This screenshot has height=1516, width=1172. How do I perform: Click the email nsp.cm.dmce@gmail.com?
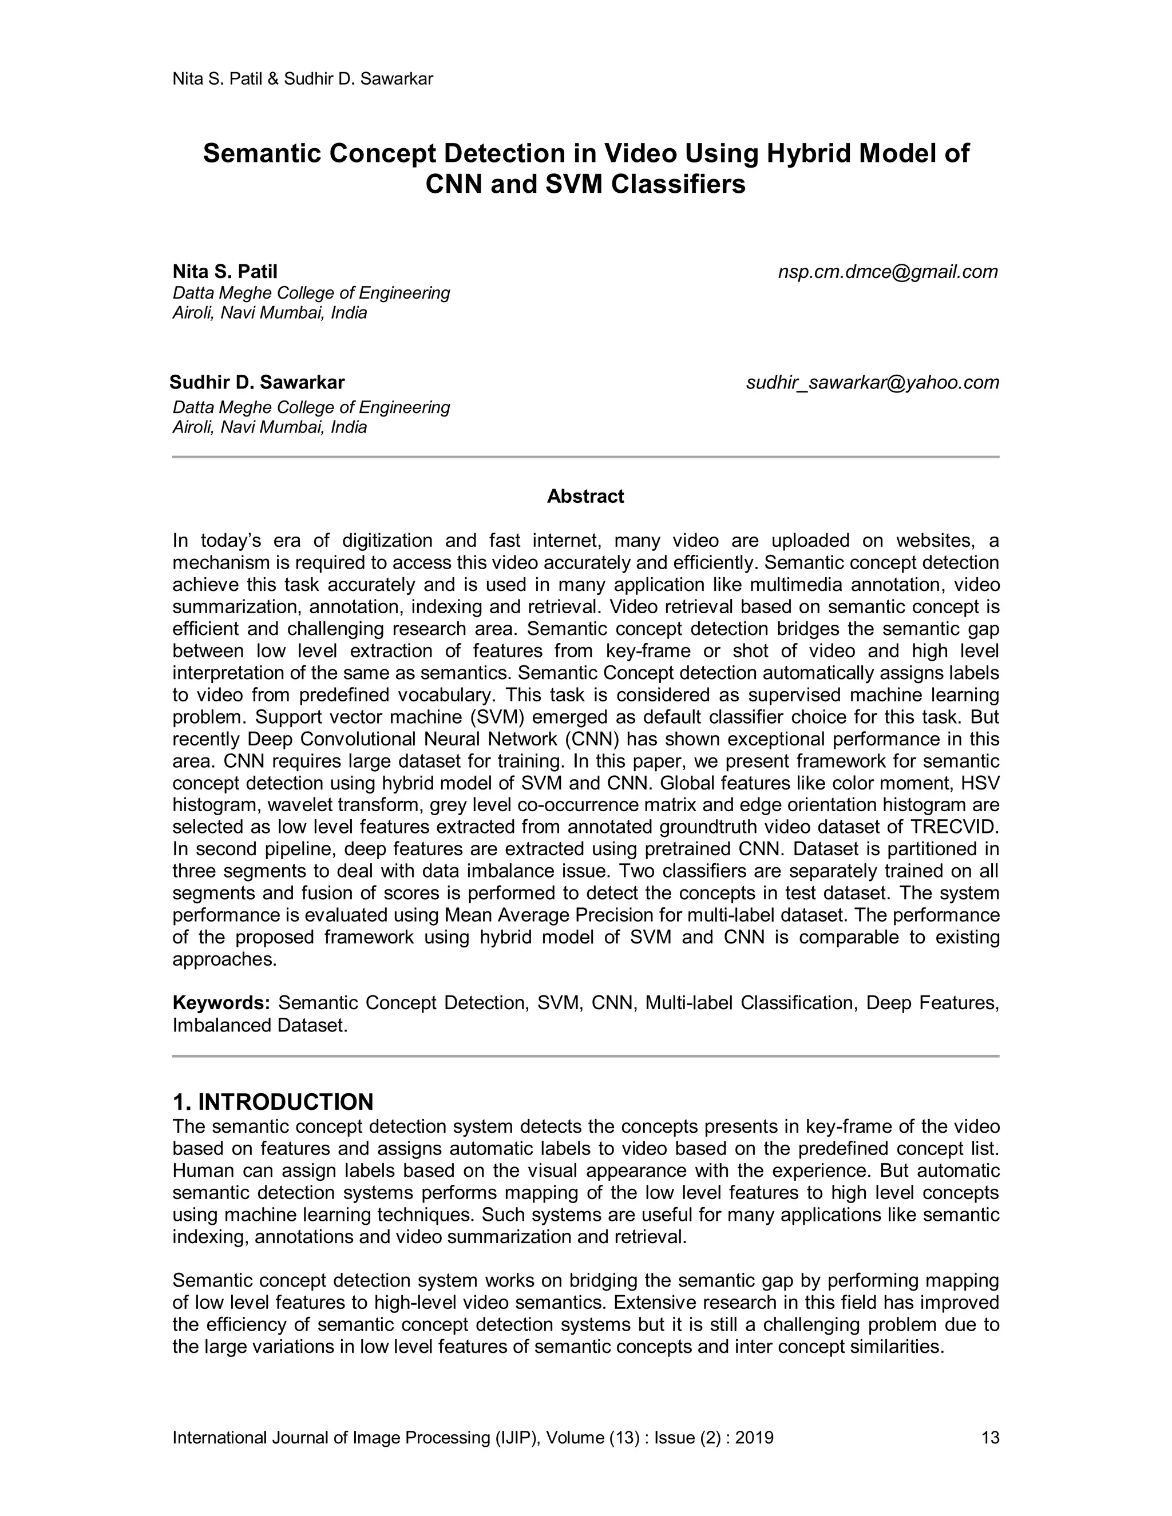[888, 272]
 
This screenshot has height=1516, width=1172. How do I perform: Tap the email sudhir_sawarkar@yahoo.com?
[872, 383]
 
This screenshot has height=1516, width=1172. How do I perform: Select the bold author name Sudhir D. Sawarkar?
[257, 383]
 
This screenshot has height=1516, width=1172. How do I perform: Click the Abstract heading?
[585, 497]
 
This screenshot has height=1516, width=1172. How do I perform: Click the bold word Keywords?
[221, 1003]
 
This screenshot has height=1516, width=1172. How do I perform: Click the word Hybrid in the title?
[807, 153]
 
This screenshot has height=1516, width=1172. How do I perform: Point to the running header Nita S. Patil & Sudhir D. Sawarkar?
[302, 79]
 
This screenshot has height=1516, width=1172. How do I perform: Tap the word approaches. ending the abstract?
[224, 960]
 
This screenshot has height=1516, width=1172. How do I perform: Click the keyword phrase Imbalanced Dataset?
[260, 1025]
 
